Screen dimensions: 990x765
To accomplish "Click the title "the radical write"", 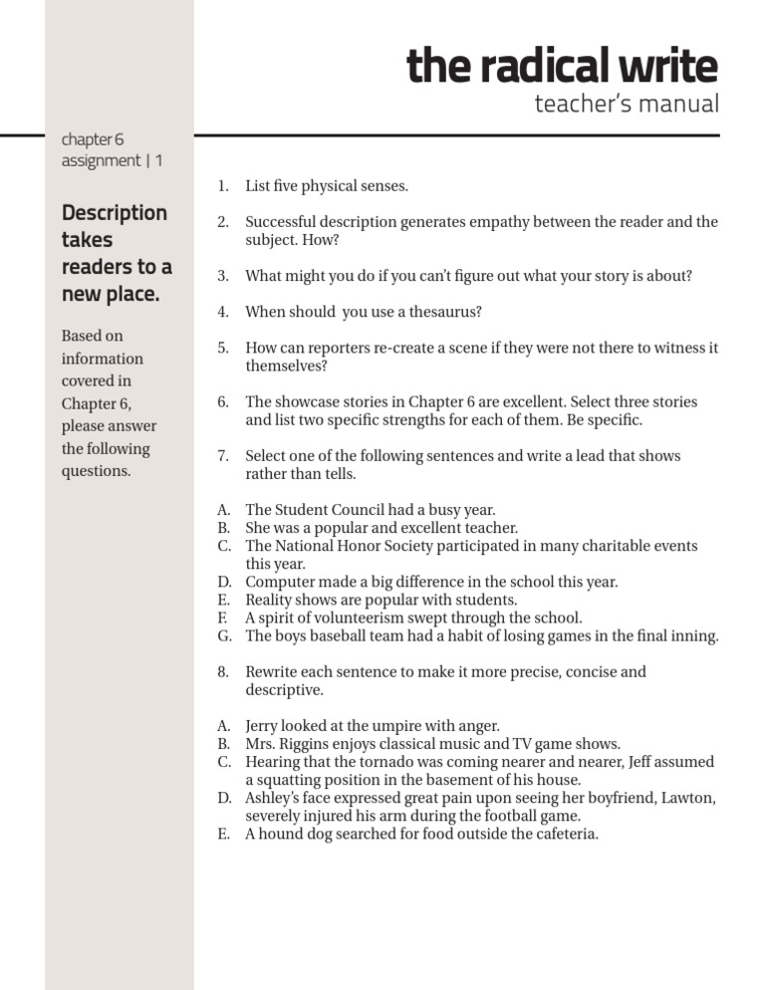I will pos(562,66).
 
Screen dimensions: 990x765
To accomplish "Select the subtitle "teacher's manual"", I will pos(626,104).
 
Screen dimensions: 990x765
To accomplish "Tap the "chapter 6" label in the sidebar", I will pos(93,139).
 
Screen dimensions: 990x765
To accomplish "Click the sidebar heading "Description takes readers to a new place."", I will pos(116,254).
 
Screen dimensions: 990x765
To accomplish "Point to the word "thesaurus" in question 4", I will pos(447,312).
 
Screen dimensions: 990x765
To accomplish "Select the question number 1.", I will pos(223,186).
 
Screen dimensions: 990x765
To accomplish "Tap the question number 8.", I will pos(223,671).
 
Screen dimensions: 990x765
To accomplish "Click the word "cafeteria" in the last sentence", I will pos(562,834).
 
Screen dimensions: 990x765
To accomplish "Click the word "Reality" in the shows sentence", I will pos(272,600).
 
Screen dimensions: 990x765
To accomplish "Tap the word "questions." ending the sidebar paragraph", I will pos(97,471).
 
